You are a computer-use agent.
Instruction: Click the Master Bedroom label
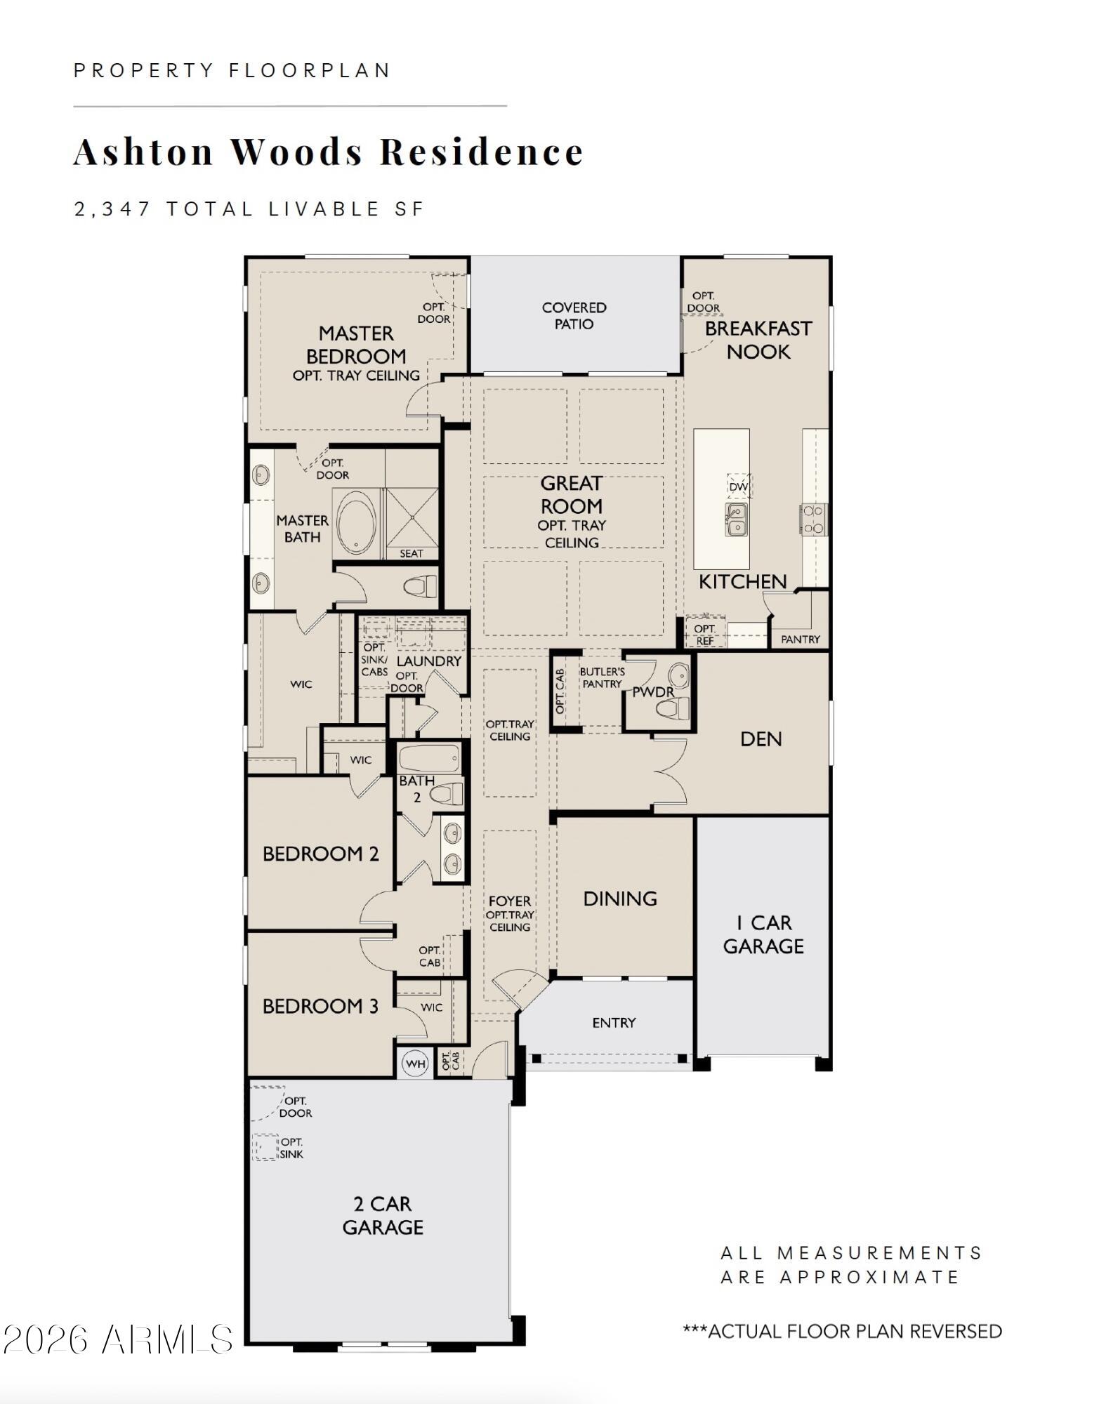[x=356, y=345]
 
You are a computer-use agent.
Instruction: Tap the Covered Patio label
[x=574, y=316]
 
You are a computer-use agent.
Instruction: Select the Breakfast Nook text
[x=758, y=340]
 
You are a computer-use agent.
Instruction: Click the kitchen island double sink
[x=736, y=519]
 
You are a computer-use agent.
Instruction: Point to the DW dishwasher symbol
[x=738, y=486]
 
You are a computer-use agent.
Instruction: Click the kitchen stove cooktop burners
[x=813, y=519]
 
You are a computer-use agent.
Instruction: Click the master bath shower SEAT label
[x=412, y=553]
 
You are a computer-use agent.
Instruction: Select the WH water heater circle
[x=416, y=1064]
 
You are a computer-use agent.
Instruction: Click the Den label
[x=761, y=739]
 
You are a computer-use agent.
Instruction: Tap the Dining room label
[x=620, y=899]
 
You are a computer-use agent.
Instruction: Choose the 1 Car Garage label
[x=763, y=934]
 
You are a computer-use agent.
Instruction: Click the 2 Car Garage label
[x=383, y=1217]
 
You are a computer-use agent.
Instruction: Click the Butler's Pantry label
[x=602, y=677]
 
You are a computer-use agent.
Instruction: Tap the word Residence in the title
[x=482, y=152]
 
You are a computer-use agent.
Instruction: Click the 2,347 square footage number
[x=113, y=209]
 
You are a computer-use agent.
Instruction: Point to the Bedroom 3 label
[x=320, y=1006]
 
